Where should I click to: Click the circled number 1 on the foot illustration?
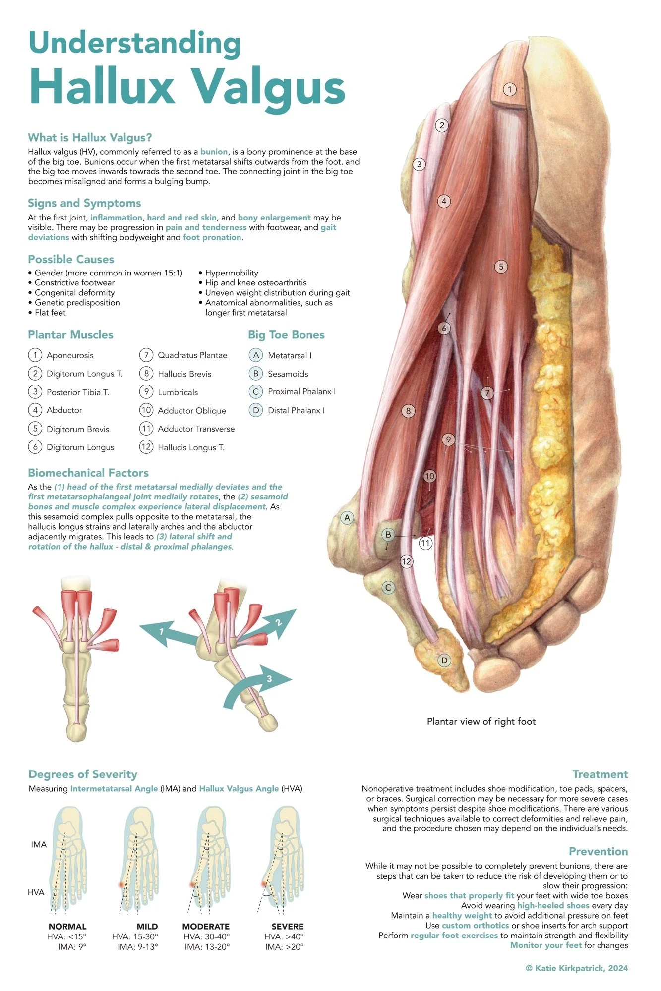[509, 89]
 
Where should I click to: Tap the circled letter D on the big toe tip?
[444, 660]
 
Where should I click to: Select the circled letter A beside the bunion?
[347, 518]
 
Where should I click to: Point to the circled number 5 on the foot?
[501, 267]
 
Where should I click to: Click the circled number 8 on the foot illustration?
[408, 411]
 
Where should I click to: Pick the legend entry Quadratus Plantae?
[192, 355]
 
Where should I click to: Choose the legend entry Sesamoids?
[288, 374]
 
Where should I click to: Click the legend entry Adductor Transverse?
[196, 429]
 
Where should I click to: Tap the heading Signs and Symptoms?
[84, 203]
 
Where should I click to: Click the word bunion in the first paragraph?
[214, 152]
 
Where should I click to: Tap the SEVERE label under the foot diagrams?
[287, 926]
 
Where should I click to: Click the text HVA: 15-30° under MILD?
[135, 936]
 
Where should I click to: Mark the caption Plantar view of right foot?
[481, 721]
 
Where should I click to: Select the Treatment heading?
[600, 774]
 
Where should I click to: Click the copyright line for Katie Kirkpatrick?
[576, 968]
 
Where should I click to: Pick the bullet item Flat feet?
[50, 313]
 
